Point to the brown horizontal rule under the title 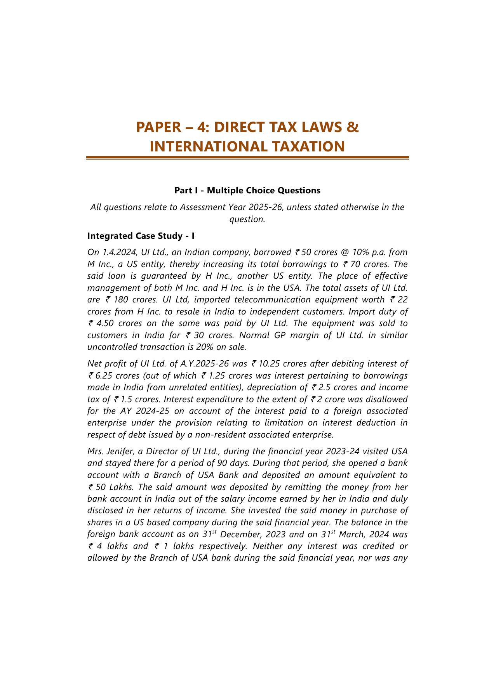pos(247,158)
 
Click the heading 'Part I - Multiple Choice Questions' pos(247,190)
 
